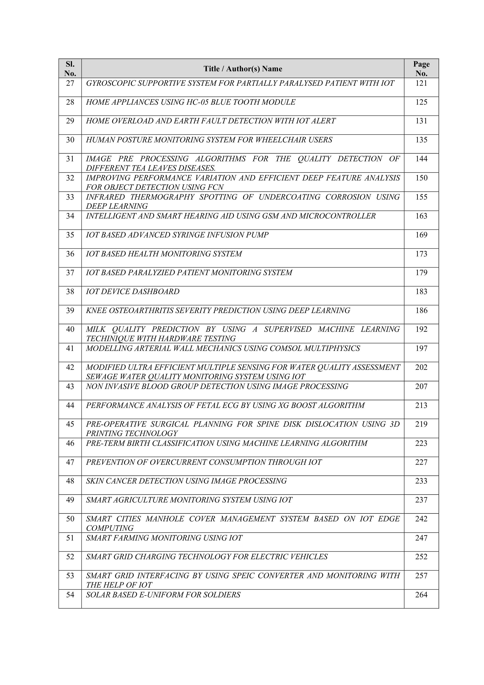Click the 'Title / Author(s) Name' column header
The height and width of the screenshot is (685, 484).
[243, 69]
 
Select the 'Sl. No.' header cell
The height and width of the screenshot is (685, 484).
[70, 69]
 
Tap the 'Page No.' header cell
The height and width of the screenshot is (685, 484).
[421, 69]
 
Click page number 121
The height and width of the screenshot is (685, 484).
[421, 83]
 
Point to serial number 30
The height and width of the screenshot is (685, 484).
[70, 140]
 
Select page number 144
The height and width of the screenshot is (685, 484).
[421, 159]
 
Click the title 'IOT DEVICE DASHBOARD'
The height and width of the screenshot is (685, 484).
[133, 292]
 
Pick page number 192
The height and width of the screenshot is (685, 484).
[421, 329]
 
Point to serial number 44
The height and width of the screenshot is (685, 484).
[70, 405]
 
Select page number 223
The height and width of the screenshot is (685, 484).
[421, 443]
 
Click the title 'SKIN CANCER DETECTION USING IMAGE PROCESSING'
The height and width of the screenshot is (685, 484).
[186, 481]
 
